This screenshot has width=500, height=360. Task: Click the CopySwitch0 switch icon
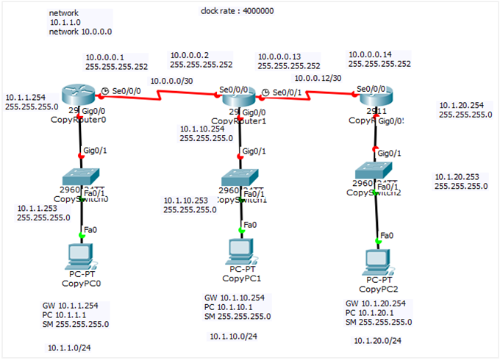pyautogui.click(x=81, y=177)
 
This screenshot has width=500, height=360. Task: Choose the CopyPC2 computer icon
pyautogui.click(x=377, y=260)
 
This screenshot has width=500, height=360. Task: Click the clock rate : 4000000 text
pyautogui.click(x=237, y=11)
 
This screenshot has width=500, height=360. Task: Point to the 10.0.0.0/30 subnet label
pyautogui.click(x=172, y=81)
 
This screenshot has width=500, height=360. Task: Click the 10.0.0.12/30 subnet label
pyautogui.click(x=318, y=78)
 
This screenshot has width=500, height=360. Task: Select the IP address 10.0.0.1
pyautogui.click(x=105, y=57)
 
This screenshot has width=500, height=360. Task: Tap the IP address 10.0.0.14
pyautogui.click(x=371, y=54)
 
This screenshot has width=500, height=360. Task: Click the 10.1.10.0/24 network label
pyautogui.click(x=233, y=336)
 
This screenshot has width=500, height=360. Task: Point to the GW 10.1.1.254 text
pyautogui.click(x=75, y=305)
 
